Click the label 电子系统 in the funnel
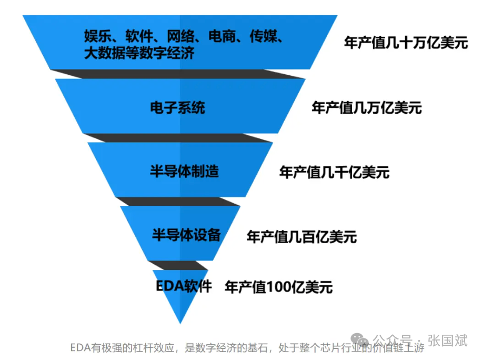point(177,108)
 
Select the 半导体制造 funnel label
point(184,172)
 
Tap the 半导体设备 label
point(186,234)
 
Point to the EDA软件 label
point(184,286)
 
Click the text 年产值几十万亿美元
point(406,43)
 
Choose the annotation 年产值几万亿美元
point(367,108)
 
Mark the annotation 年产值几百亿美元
point(301,237)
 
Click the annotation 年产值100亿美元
point(278,287)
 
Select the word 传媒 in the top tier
point(263,37)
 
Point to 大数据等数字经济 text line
point(139,53)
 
